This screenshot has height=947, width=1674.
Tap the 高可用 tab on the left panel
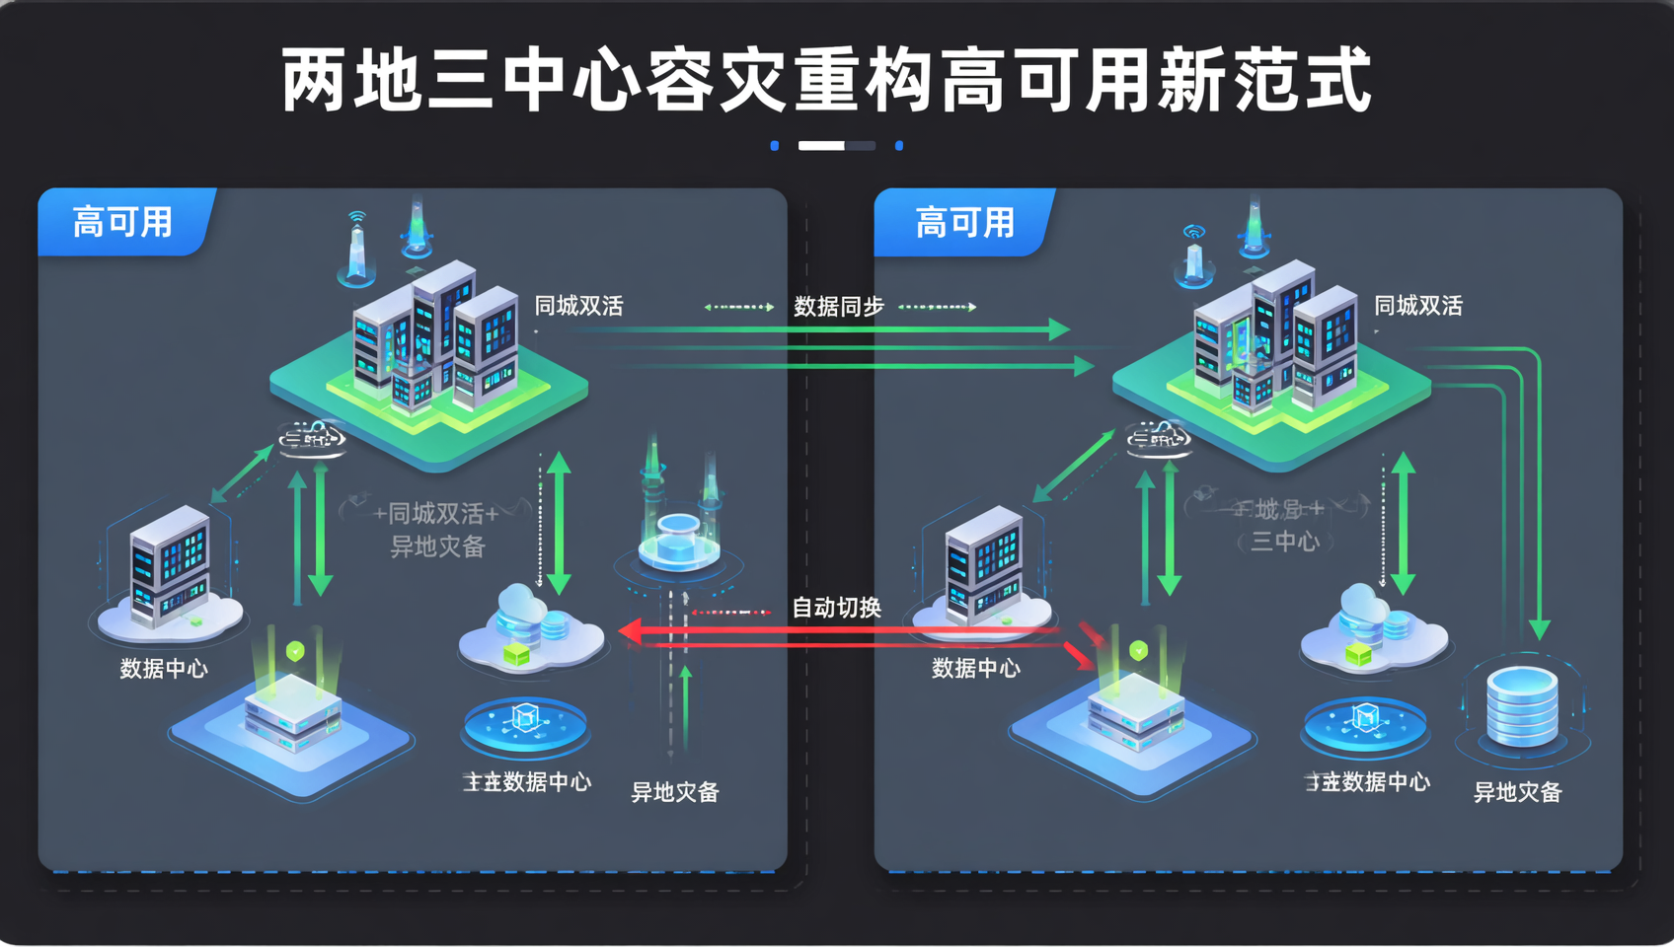pyautogui.click(x=122, y=222)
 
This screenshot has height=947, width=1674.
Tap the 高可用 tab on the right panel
pyautogui.click(x=964, y=223)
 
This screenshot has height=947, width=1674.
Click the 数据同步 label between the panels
pyautogui.click(x=839, y=307)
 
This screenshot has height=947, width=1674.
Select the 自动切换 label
pyautogui.click(x=836, y=608)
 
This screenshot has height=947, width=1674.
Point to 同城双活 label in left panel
pyautogui.click(x=578, y=306)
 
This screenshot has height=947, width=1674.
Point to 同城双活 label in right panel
pyautogui.click(x=1417, y=306)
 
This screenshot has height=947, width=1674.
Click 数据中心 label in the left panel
pyautogui.click(x=164, y=669)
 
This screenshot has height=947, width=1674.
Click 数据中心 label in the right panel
pyautogui.click(x=975, y=669)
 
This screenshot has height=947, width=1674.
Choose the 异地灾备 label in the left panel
pyautogui.click(x=675, y=792)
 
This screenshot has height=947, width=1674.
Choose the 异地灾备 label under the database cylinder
pyautogui.click(x=1517, y=792)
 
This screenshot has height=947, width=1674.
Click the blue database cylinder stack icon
pyautogui.click(x=1522, y=704)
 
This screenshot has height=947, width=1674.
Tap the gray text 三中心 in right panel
pyautogui.click(x=1284, y=541)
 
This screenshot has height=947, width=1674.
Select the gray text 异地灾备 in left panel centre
pyautogui.click(x=437, y=546)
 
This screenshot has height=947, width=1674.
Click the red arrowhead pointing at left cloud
pyautogui.click(x=629, y=630)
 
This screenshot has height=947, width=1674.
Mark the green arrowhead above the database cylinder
pyautogui.click(x=1539, y=628)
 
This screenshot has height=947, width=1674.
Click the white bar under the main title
pyautogui.click(x=821, y=146)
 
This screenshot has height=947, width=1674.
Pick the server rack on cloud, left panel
pyautogui.click(x=170, y=567)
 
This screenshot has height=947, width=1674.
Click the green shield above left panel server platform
pyautogui.click(x=294, y=651)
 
